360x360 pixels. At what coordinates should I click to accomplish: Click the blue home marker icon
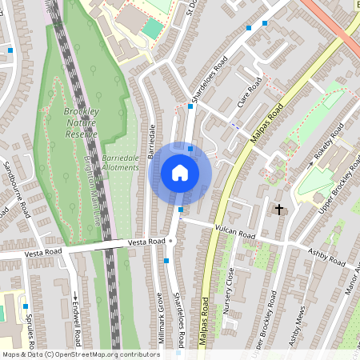(180, 173)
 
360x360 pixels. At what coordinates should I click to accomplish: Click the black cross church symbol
(279, 210)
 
